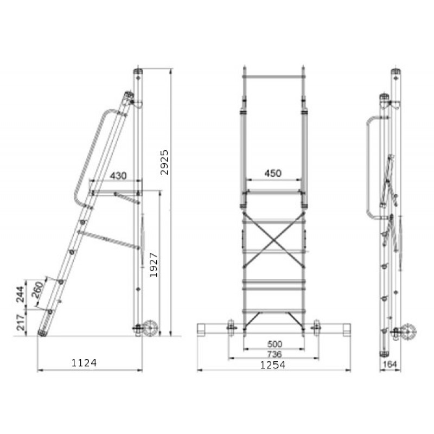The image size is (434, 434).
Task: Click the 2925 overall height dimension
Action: tap(164, 162)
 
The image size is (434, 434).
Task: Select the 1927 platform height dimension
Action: tap(154, 265)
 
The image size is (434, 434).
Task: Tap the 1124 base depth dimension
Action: tap(84, 363)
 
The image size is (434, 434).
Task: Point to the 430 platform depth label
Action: tap(118, 176)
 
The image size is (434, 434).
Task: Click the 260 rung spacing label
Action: tap(38, 290)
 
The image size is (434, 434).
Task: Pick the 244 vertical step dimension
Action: tap(20, 294)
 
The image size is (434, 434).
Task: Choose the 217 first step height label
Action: tap(21, 322)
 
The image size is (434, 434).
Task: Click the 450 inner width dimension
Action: tap(273, 174)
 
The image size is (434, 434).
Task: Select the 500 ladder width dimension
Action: tap(275, 344)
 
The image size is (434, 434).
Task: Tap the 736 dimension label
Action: tap(275, 354)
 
